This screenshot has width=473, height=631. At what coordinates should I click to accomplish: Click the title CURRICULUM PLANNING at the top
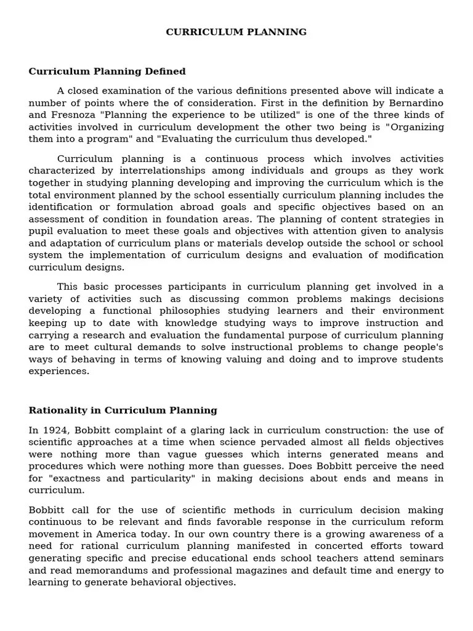pos(236,32)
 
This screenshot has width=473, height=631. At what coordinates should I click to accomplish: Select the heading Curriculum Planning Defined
pos(107,71)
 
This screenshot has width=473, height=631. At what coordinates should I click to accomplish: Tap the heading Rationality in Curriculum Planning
pos(123,410)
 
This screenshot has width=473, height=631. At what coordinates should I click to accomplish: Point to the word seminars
pos(421,558)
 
